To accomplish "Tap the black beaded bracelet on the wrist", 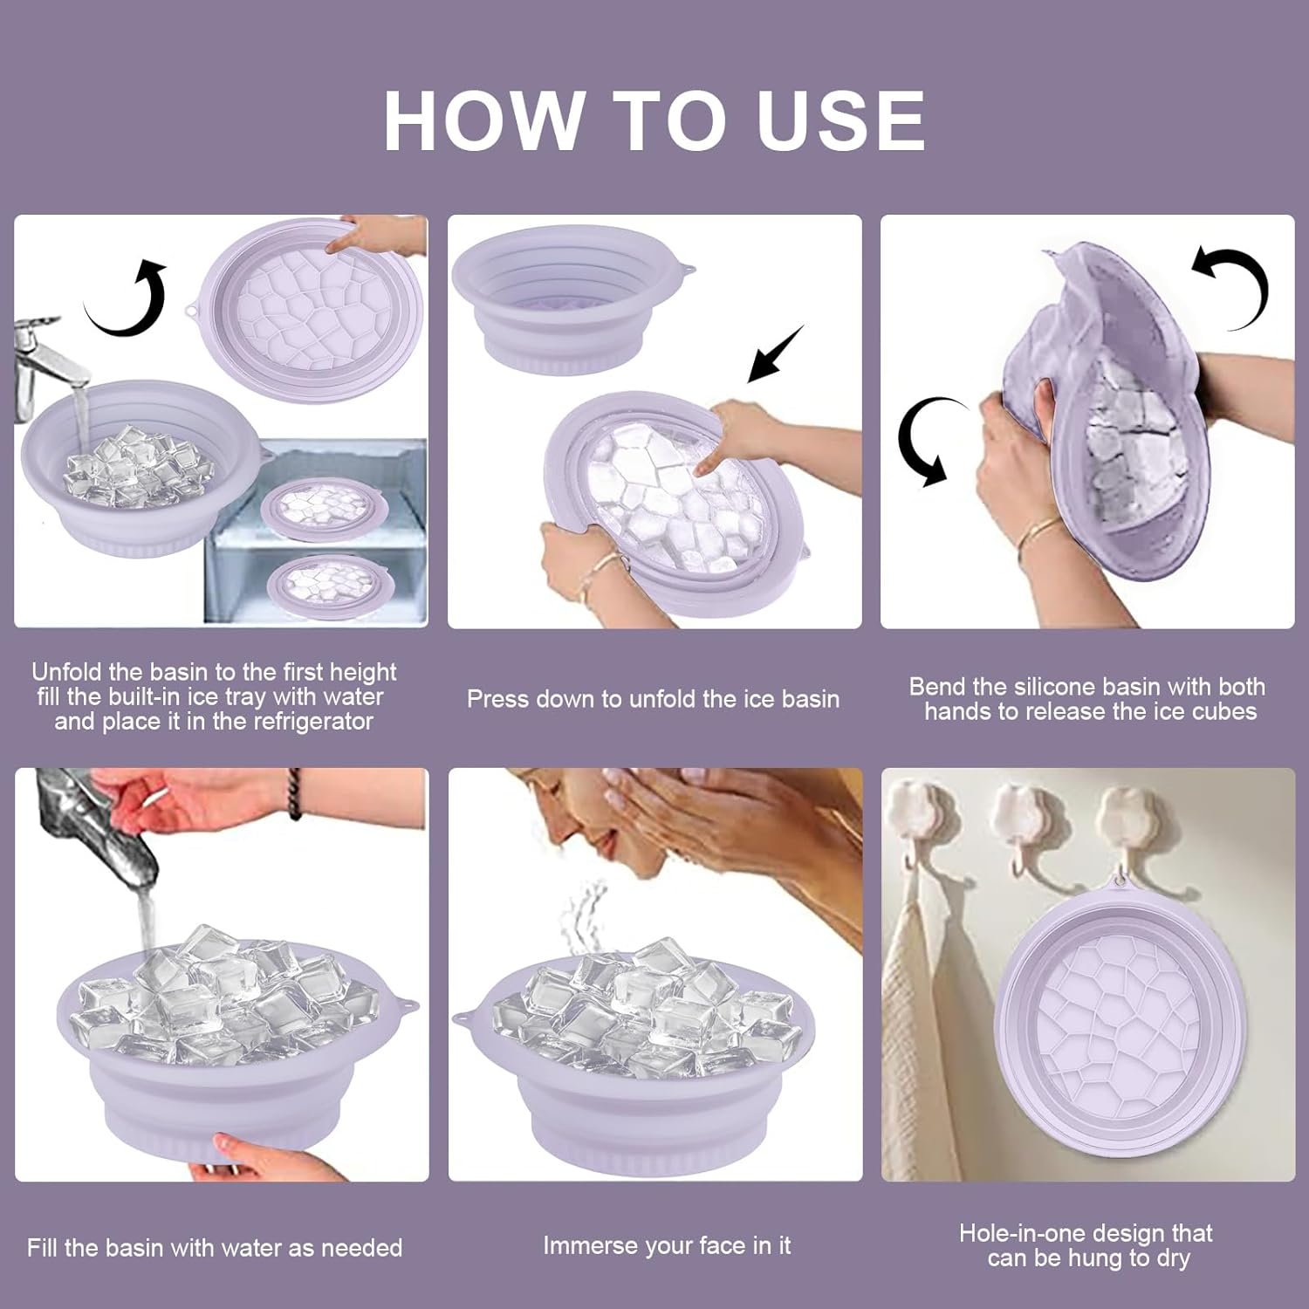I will click(294, 794).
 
